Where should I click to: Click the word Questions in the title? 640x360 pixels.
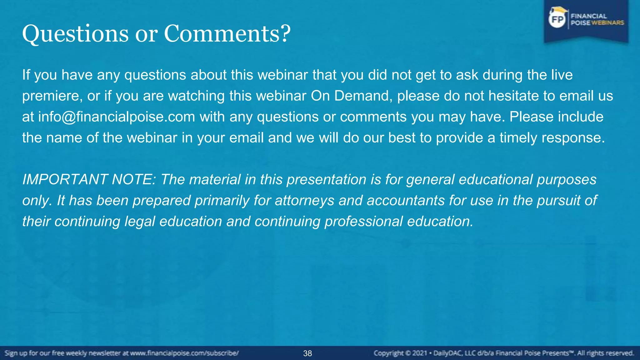(x=75, y=34)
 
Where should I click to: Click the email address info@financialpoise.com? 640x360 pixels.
(x=117, y=117)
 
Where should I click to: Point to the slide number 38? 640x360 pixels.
(x=307, y=353)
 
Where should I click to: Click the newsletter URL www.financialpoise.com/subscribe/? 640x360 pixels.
(x=184, y=353)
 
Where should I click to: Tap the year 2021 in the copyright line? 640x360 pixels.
(x=419, y=353)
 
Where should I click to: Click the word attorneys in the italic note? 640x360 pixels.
(x=304, y=201)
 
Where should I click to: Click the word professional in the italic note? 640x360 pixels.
(x=364, y=222)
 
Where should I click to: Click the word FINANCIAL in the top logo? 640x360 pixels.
(x=589, y=16)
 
